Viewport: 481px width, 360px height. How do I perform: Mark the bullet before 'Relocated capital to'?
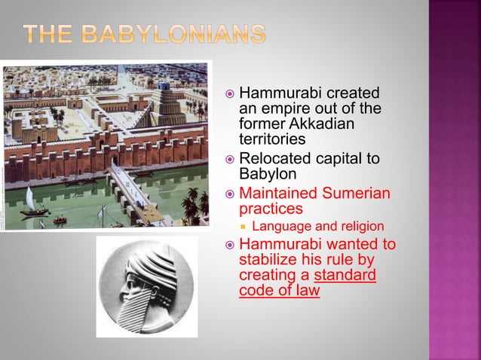[229, 160]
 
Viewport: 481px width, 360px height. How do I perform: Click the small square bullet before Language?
[244, 227]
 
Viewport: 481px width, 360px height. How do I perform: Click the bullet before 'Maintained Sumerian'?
[229, 194]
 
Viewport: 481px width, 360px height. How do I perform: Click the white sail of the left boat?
[29, 199]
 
